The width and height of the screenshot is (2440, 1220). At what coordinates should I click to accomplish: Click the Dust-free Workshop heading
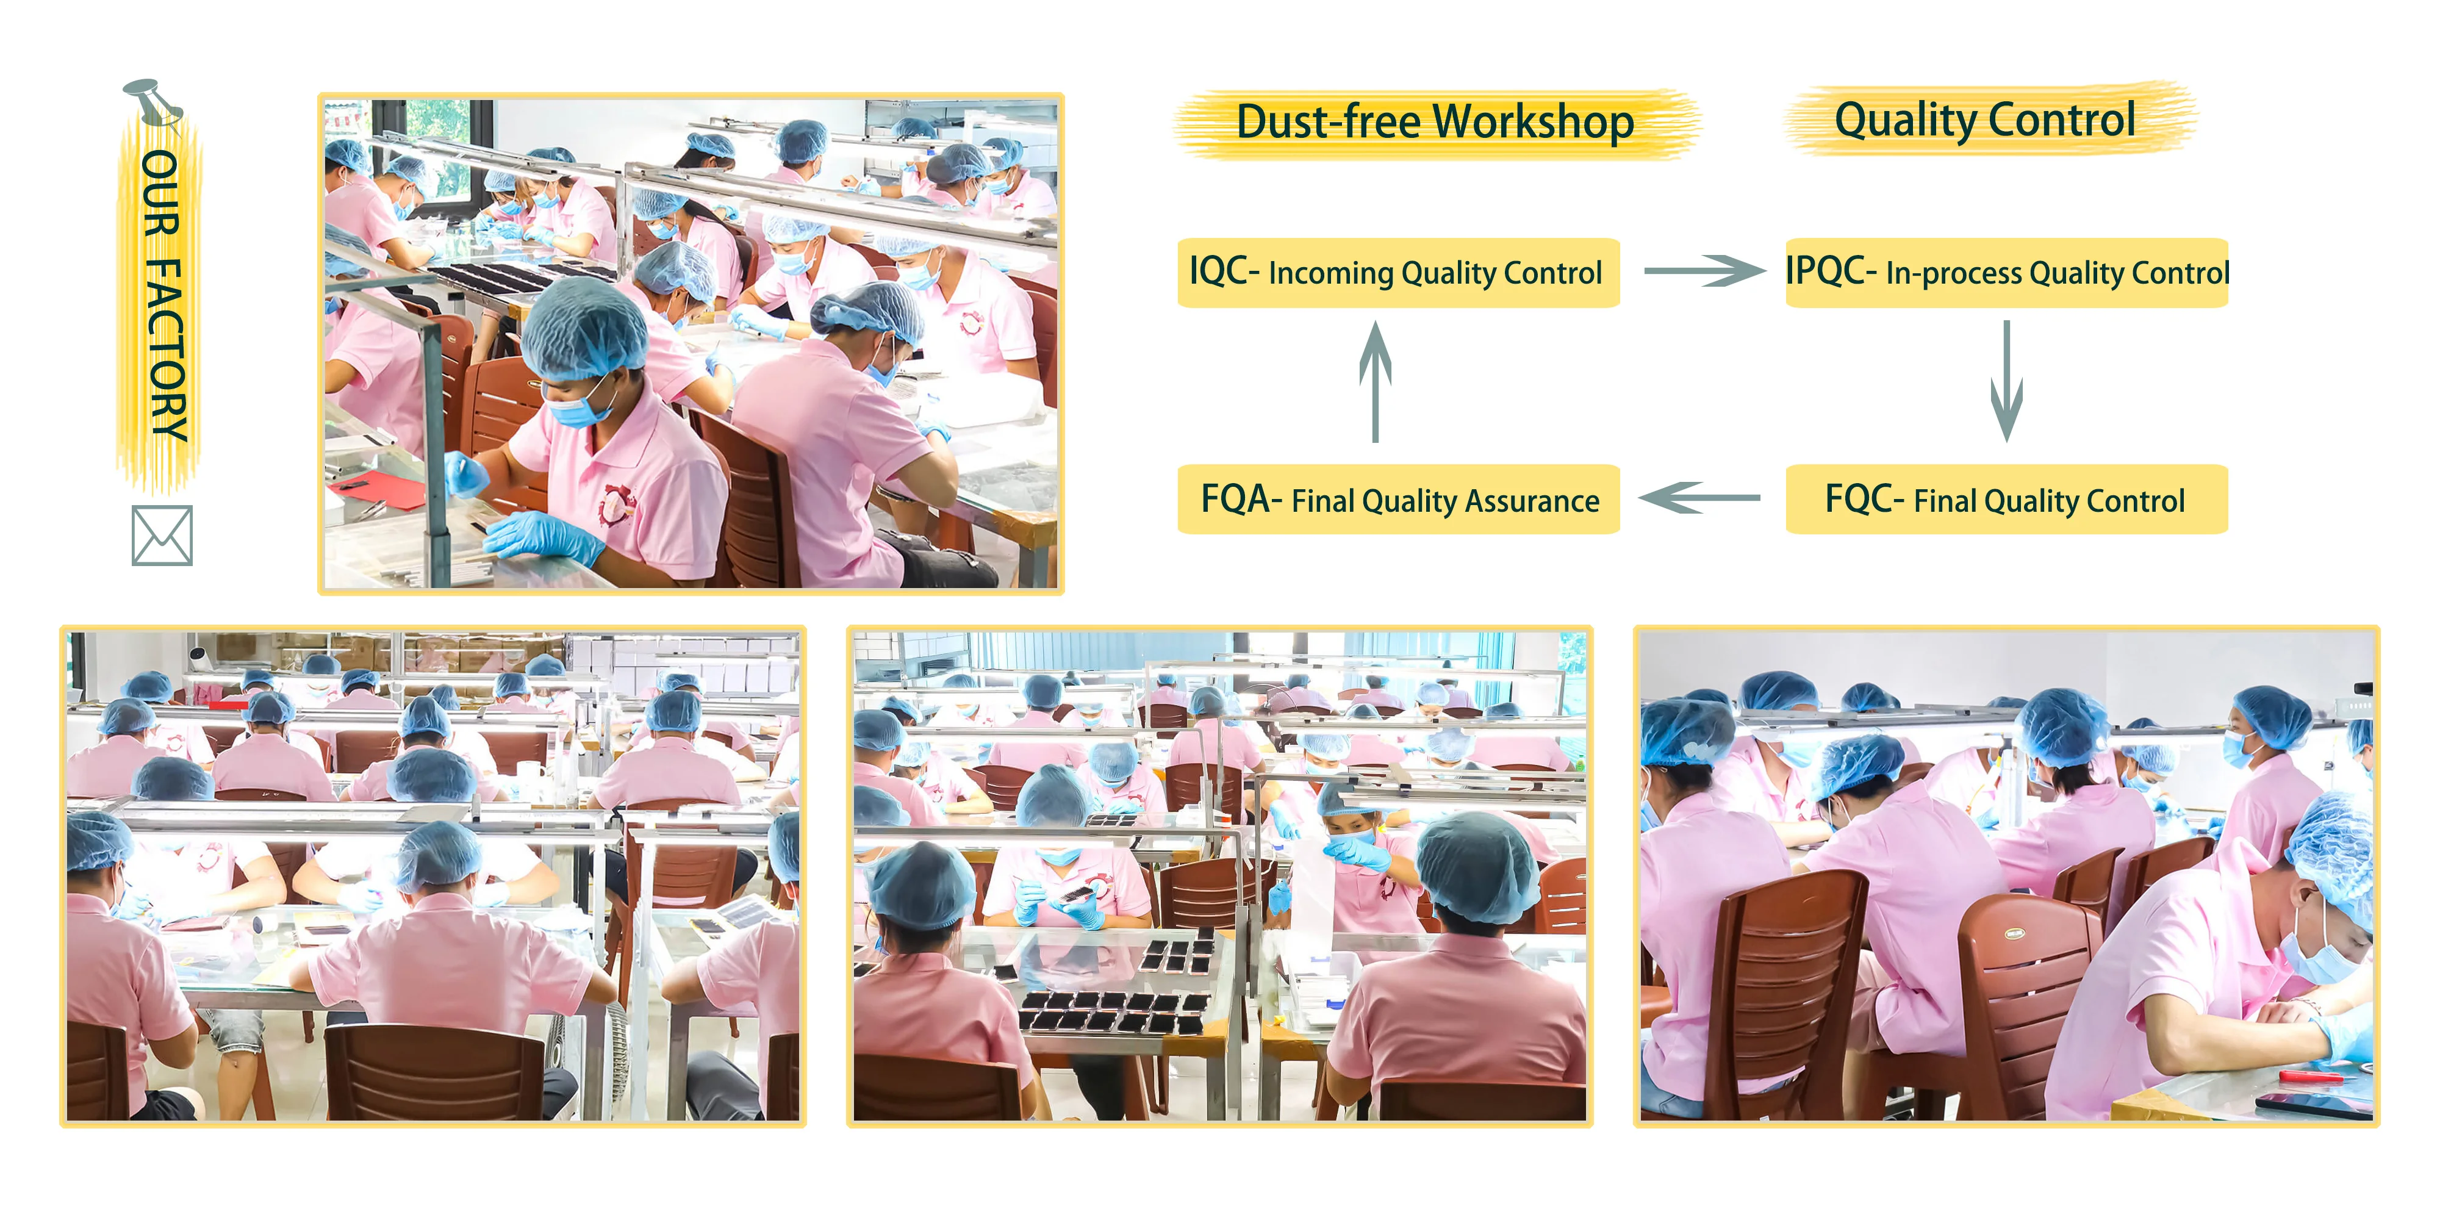tap(1435, 122)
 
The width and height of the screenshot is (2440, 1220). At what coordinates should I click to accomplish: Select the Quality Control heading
tap(1984, 120)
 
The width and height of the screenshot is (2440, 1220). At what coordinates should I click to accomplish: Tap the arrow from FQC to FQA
tap(1700, 497)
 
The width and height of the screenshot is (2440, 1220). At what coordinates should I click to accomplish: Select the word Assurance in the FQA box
tap(1532, 500)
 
